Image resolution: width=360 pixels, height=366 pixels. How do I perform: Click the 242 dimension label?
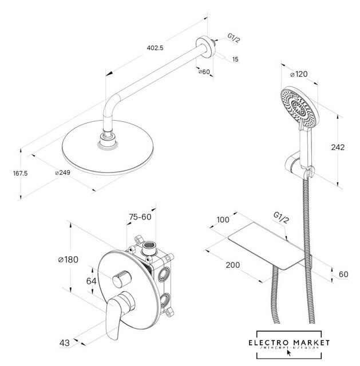coord(338,147)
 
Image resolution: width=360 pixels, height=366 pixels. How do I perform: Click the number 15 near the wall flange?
coord(235,59)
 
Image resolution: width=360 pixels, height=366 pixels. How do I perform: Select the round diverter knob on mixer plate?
coord(120,280)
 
